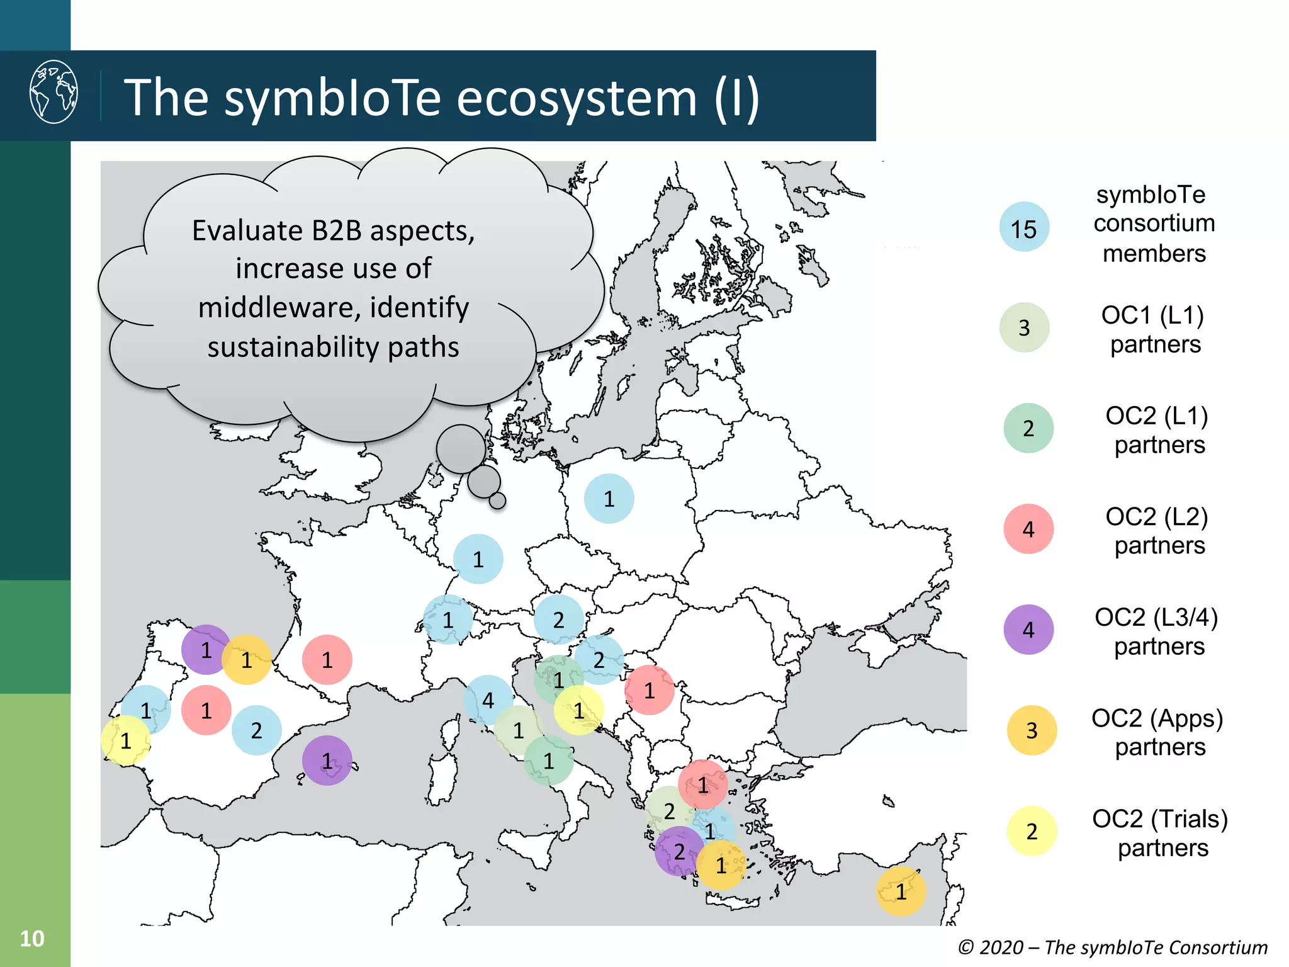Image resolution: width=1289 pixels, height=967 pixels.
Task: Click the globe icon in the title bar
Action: tap(54, 92)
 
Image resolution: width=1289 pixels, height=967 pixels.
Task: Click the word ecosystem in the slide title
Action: tap(576, 98)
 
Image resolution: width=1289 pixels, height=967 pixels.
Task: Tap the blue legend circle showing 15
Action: tap(1024, 227)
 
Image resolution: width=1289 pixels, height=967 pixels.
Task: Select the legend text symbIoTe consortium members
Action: tap(1154, 223)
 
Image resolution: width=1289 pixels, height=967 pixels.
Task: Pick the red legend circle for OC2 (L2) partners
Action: tap(1028, 529)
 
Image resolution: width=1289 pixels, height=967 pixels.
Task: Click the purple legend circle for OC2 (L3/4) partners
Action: tap(1028, 630)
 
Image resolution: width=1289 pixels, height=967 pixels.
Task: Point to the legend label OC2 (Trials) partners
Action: tap(1160, 832)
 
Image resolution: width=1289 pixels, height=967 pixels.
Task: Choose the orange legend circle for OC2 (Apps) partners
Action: tap(1032, 730)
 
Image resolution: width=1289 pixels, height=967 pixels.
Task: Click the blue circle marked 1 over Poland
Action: tap(609, 499)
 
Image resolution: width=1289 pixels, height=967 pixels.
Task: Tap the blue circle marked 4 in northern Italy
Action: tap(487, 699)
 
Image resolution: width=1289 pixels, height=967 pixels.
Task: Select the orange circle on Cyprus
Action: tap(901, 891)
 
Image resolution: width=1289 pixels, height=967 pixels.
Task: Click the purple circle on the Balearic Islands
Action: tap(327, 761)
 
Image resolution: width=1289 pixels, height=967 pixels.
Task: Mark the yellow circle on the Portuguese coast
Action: tap(126, 741)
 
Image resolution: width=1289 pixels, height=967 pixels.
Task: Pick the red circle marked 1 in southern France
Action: tap(327, 660)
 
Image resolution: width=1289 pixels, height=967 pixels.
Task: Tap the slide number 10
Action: tap(32, 939)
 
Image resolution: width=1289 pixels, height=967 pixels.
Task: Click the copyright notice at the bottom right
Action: tap(1112, 947)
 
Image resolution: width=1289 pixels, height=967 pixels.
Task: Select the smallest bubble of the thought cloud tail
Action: tap(497, 500)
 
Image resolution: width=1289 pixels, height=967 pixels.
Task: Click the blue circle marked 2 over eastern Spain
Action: tap(256, 730)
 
